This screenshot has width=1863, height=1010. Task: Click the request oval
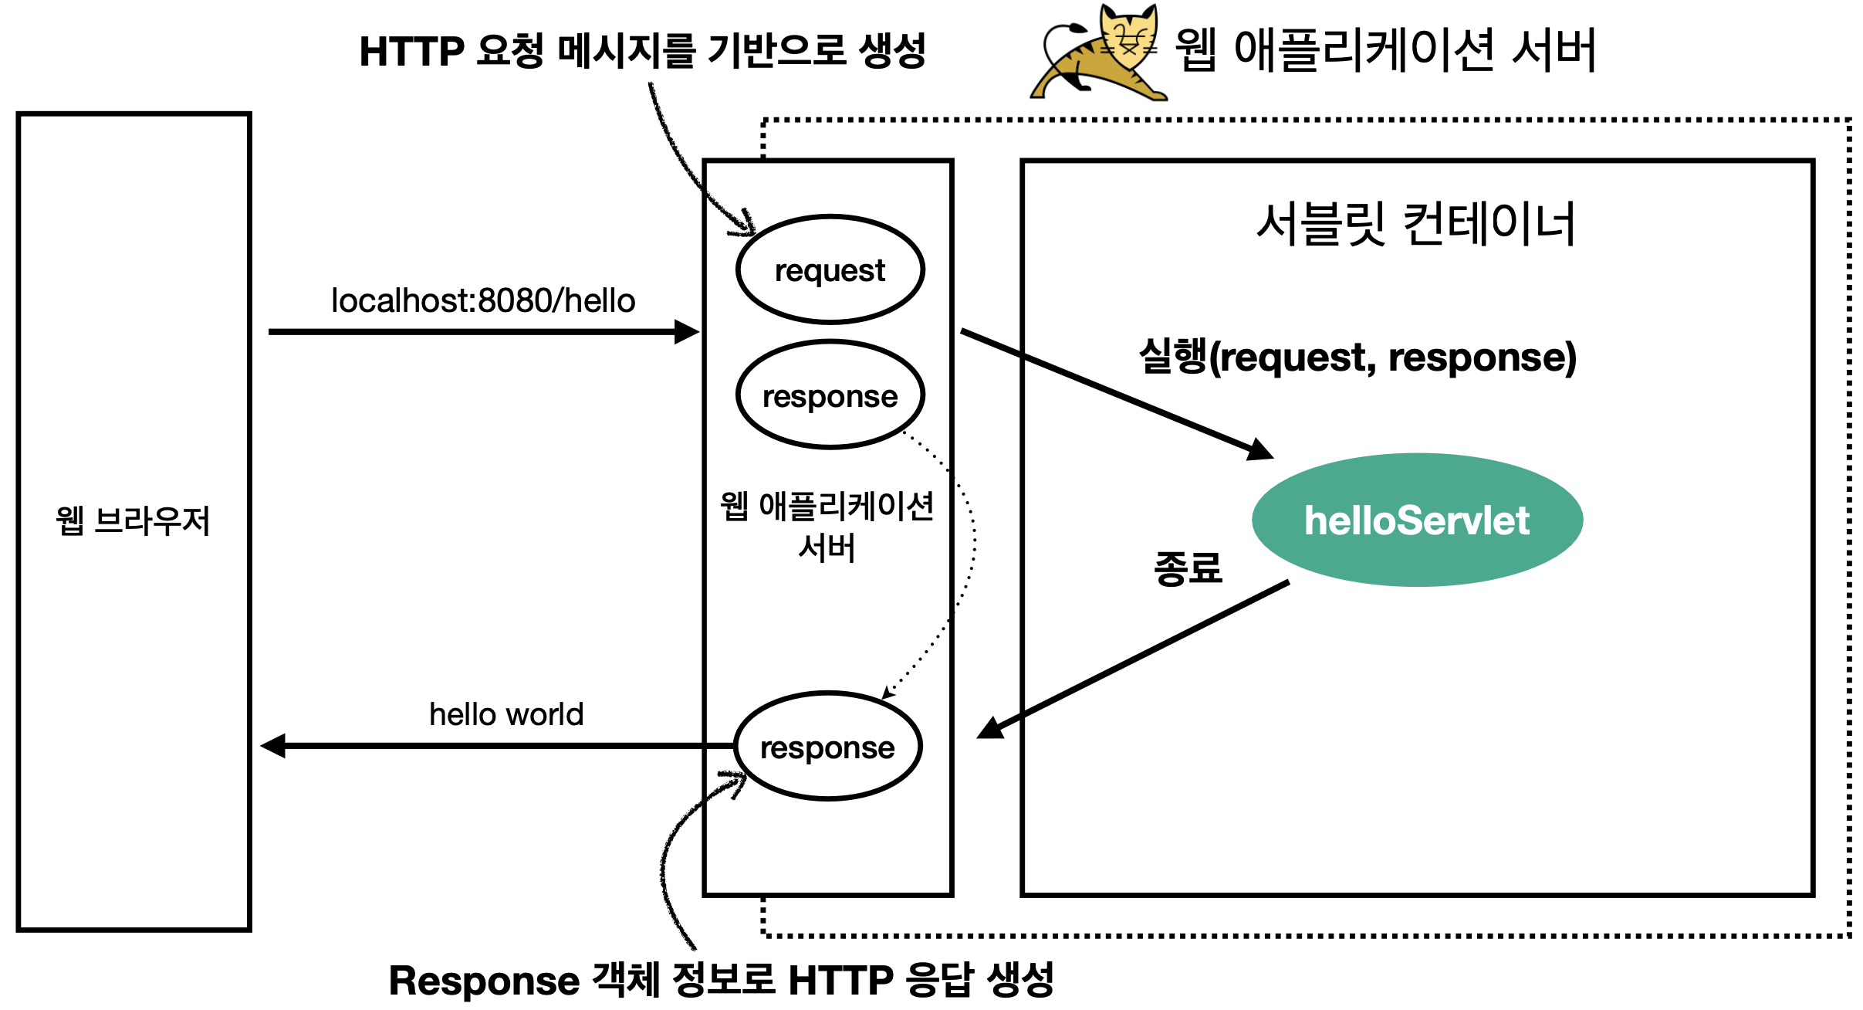(x=830, y=269)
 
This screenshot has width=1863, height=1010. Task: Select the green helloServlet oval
(x=1417, y=520)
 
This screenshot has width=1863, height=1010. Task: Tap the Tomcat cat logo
(x=1099, y=53)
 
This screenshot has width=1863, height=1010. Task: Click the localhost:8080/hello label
(x=483, y=300)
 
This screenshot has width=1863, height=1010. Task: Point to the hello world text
(x=506, y=714)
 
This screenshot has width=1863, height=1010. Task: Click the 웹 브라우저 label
(x=133, y=521)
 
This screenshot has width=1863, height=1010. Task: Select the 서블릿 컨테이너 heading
(x=1415, y=224)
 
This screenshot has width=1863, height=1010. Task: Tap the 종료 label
(x=1188, y=568)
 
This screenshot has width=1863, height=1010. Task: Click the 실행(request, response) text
(x=1358, y=357)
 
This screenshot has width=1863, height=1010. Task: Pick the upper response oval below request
(x=830, y=395)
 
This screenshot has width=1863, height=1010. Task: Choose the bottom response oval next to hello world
(x=827, y=747)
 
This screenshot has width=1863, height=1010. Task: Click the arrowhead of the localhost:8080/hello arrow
(x=687, y=332)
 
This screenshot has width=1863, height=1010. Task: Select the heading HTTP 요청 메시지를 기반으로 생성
(x=642, y=51)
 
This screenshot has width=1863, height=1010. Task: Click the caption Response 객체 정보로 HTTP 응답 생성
(x=721, y=981)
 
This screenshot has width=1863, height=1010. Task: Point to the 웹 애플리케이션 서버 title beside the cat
(x=1385, y=49)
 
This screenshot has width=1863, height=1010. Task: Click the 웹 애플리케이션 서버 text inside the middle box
(x=827, y=527)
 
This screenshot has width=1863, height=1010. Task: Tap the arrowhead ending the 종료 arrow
(x=990, y=728)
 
